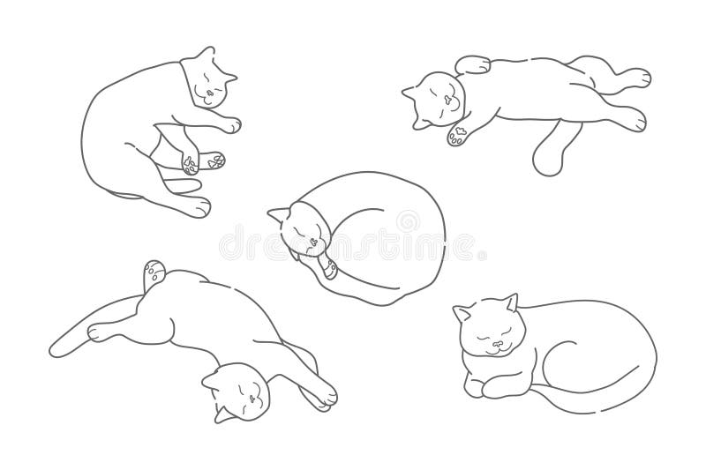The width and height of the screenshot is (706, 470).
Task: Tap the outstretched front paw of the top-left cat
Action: [x=229, y=124]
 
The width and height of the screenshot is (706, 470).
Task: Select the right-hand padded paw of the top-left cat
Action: [x=214, y=161]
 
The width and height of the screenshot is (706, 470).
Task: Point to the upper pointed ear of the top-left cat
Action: [x=207, y=53]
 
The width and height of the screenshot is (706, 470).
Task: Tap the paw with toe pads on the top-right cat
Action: [x=459, y=135]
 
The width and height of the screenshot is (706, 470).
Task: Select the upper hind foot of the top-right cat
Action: [x=635, y=78]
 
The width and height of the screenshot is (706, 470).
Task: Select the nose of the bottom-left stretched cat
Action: [x=253, y=399]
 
